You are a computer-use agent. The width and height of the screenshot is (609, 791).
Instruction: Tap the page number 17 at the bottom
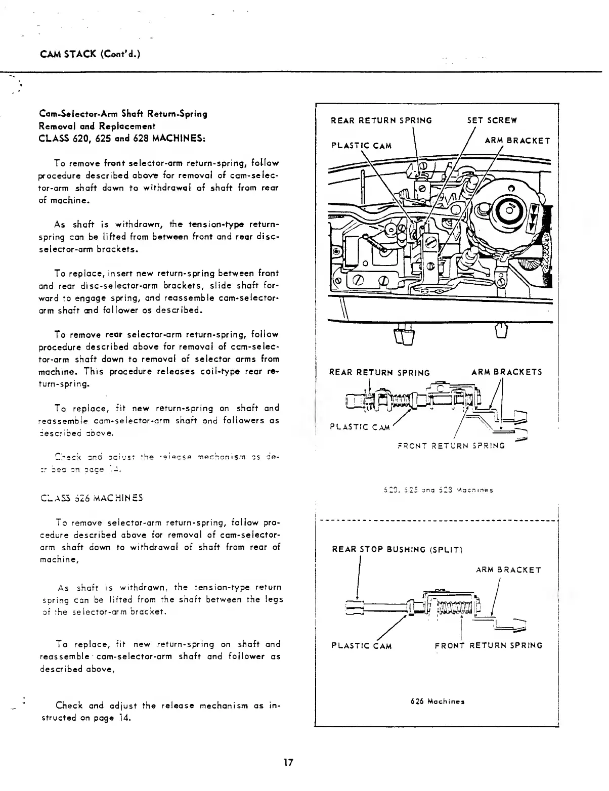pyautogui.click(x=288, y=762)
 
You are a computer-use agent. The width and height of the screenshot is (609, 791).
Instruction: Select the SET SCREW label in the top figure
pyautogui.click(x=492, y=120)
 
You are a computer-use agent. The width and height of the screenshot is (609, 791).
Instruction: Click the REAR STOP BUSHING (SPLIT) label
pyautogui.click(x=397, y=549)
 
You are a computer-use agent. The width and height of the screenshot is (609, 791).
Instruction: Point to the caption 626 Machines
pyautogui.click(x=437, y=701)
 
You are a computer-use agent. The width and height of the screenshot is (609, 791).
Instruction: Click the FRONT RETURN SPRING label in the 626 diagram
pyautogui.click(x=489, y=645)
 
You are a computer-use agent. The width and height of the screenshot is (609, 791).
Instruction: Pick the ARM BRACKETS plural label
pyautogui.click(x=506, y=372)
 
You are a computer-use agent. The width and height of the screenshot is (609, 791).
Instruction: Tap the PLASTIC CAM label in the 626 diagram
pyautogui.click(x=361, y=645)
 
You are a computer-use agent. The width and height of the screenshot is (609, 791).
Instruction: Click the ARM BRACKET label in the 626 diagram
pyautogui.click(x=508, y=570)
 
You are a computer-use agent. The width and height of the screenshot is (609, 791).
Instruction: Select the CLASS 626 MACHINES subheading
pyautogui.click(x=91, y=498)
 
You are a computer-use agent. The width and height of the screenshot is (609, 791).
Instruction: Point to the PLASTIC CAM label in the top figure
pyautogui.click(x=361, y=146)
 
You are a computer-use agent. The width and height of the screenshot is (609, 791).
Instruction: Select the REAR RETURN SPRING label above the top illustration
pyautogui.click(x=381, y=120)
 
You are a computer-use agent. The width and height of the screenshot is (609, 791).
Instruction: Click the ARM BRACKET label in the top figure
pyautogui.click(x=516, y=140)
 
